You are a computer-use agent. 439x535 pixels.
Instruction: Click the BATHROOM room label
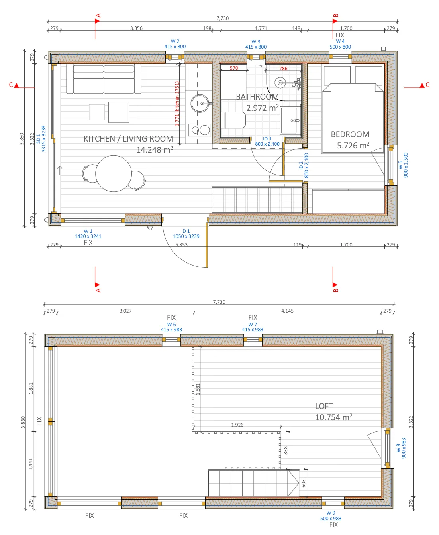coord(257,96)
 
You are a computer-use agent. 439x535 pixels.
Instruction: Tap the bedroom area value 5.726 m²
coord(353,145)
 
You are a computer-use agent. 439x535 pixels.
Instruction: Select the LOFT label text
coord(324,406)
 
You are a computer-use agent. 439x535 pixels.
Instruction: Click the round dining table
coord(113,173)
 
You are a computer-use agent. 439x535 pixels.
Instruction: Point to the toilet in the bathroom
coord(233,120)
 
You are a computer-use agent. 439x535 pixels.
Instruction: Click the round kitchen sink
coord(200,104)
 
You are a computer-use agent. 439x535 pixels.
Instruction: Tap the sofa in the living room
coord(104,79)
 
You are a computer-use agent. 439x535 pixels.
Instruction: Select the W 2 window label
coord(175,44)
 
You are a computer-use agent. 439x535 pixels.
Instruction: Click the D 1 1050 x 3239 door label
coord(186,234)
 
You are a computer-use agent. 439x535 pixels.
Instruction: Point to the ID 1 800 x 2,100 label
coord(267,141)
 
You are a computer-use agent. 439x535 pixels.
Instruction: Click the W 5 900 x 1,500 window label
coord(403,165)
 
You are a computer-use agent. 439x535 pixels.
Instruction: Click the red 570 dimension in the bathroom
coord(234,68)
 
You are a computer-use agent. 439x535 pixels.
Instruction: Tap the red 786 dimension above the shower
coord(283,68)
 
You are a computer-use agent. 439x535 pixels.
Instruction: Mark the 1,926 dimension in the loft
coord(237,425)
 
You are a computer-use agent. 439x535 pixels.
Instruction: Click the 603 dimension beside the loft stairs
coord(304,483)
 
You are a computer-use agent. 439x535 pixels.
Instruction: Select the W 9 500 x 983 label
coord(331,516)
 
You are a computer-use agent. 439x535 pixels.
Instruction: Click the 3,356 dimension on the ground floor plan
coord(136,28)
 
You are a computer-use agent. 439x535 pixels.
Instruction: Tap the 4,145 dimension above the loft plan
coord(287,311)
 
